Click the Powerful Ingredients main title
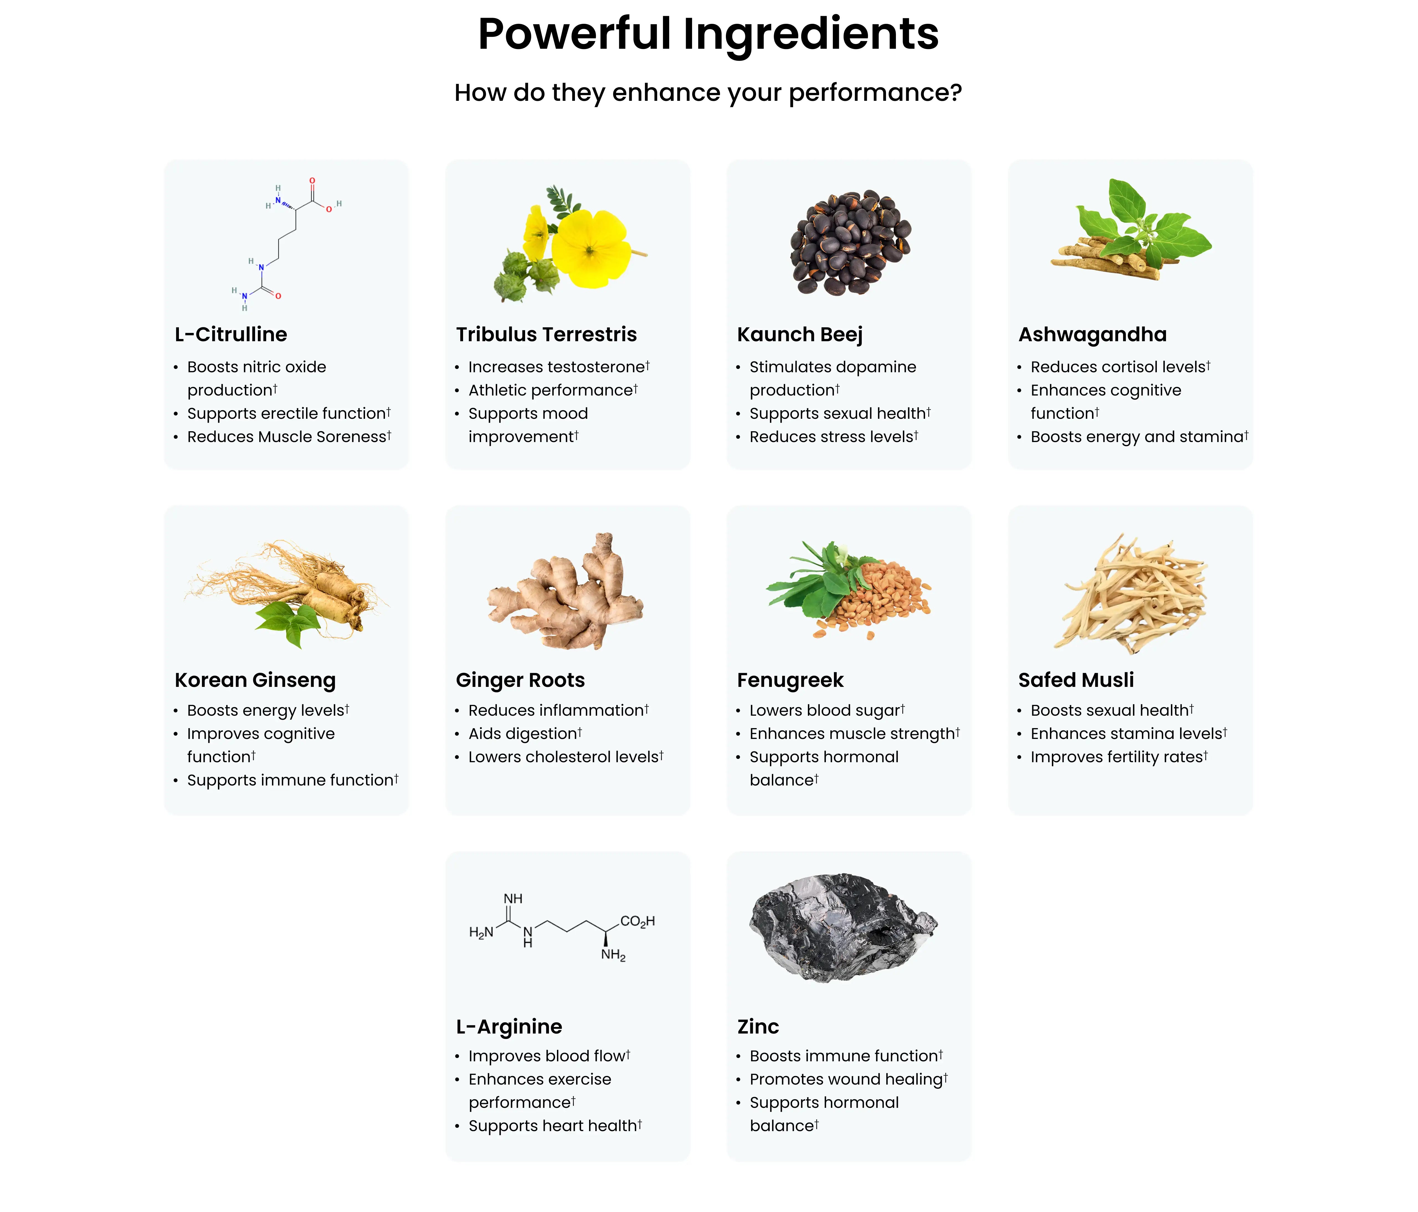[708, 34]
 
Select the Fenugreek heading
[790, 680]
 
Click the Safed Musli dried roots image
[1131, 593]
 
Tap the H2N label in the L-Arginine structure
[481, 933]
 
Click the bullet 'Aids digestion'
[525, 734]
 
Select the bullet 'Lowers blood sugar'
[827, 710]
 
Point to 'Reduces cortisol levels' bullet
[1120, 367]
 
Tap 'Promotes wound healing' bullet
[849, 1079]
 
